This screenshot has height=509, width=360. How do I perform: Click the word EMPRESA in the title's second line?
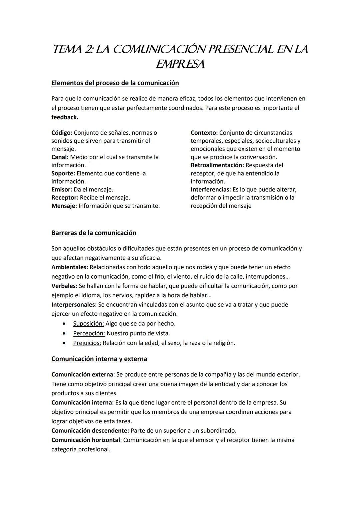coord(180,64)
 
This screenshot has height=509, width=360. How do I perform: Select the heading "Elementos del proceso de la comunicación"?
coord(115,83)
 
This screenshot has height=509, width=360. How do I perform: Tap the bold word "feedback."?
coord(65,117)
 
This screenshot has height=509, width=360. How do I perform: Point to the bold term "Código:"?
coord(62,133)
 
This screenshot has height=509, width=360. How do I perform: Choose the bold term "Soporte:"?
coord(63,173)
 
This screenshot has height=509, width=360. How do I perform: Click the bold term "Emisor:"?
coord(62,189)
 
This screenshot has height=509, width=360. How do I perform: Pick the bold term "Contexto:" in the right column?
coord(204,133)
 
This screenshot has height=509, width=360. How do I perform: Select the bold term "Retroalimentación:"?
coord(217,165)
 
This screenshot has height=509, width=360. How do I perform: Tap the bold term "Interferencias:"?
coord(211,189)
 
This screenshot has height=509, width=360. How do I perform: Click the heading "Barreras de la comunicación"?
coord(94,233)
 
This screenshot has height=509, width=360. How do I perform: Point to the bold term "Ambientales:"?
coord(70,267)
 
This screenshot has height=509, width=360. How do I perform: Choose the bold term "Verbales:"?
coord(64,286)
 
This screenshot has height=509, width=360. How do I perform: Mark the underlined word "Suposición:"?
coord(88,324)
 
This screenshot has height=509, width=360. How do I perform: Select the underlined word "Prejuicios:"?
coord(87,343)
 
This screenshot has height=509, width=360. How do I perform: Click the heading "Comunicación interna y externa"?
coord(99,359)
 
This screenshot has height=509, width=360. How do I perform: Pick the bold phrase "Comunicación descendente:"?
coord(90,430)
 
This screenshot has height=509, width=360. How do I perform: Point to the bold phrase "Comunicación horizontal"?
coord(86,440)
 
